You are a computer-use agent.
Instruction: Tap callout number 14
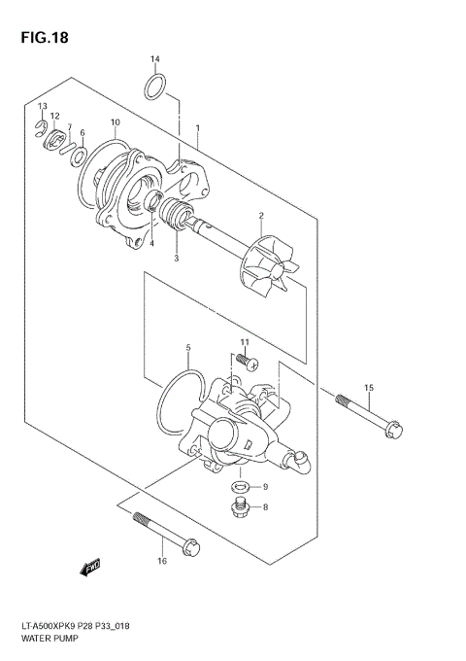click(155, 60)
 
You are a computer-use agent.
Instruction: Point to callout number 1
click(197, 127)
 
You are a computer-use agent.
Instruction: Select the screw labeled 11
click(249, 362)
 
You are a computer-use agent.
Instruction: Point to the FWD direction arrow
click(92, 568)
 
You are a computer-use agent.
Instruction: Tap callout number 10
click(115, 122)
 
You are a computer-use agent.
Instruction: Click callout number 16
click(161, 561)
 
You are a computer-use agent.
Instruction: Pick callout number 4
click(151, 244)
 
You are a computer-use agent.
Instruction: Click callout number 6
click(83, 133)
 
